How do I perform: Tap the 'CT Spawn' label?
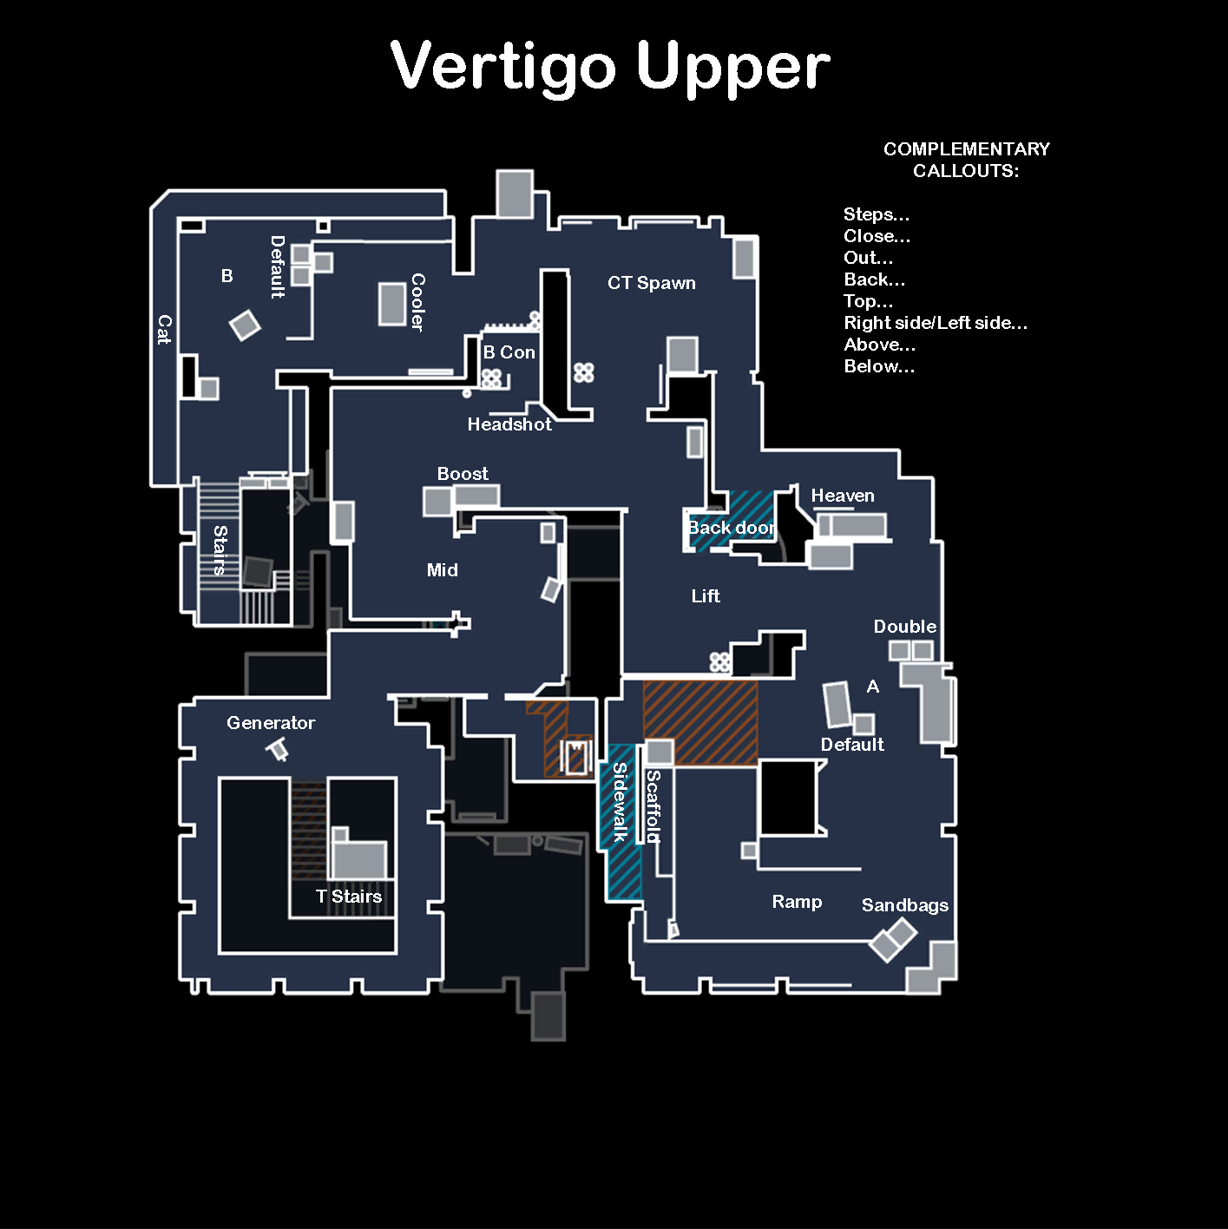[652, 283]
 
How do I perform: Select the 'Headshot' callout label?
[509, 424]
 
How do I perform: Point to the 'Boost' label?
[463, 474]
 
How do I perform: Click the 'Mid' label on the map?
[442, 570]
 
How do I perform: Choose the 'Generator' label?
[271, 723]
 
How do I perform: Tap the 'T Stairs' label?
[348, 897]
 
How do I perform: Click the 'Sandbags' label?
[904, 905]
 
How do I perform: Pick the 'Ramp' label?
[797, 903]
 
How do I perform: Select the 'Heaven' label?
[842, 496]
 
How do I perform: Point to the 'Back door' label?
[731, 528]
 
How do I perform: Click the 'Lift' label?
[706, 595]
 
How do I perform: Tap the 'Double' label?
[904, 627]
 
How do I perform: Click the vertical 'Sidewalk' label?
[620, 802]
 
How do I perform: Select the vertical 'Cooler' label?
[417, 302]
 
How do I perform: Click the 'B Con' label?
[509, 352]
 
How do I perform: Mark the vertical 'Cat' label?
[165, 329]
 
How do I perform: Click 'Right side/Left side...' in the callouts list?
[936, 323]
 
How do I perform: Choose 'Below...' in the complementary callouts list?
[879, 366]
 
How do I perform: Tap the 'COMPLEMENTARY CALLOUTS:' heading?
[966, 160]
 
